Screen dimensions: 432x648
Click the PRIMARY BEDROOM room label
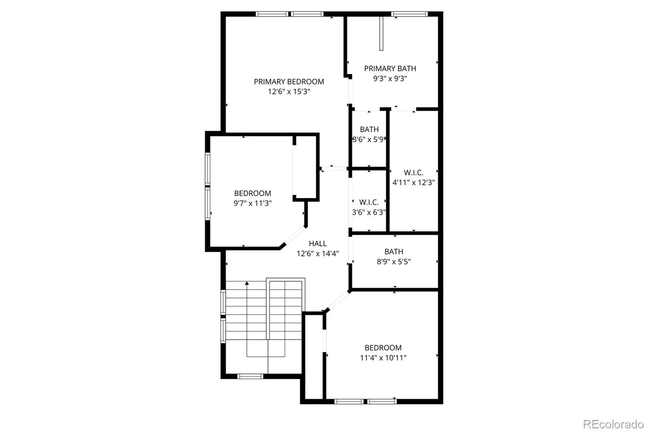289,81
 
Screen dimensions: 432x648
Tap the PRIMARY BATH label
390,68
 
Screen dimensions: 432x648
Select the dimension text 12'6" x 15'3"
289,92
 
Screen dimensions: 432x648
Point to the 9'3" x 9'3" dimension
390,79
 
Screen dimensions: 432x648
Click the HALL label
318,244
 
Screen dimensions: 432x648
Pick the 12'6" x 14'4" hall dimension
318,254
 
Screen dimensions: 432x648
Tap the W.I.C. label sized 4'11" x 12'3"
414,173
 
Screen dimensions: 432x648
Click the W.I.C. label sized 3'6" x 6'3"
369,202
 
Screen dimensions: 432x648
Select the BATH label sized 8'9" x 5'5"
394,252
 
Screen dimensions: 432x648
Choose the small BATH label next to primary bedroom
369,129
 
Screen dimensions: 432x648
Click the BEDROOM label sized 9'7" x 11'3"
253,193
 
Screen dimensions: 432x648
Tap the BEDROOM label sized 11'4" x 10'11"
383,348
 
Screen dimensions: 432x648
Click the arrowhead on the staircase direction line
247,283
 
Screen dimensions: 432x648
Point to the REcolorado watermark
613,424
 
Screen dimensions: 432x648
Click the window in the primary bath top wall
409,14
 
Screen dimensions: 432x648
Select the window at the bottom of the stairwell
250,376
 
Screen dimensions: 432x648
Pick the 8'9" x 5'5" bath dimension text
394,262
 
